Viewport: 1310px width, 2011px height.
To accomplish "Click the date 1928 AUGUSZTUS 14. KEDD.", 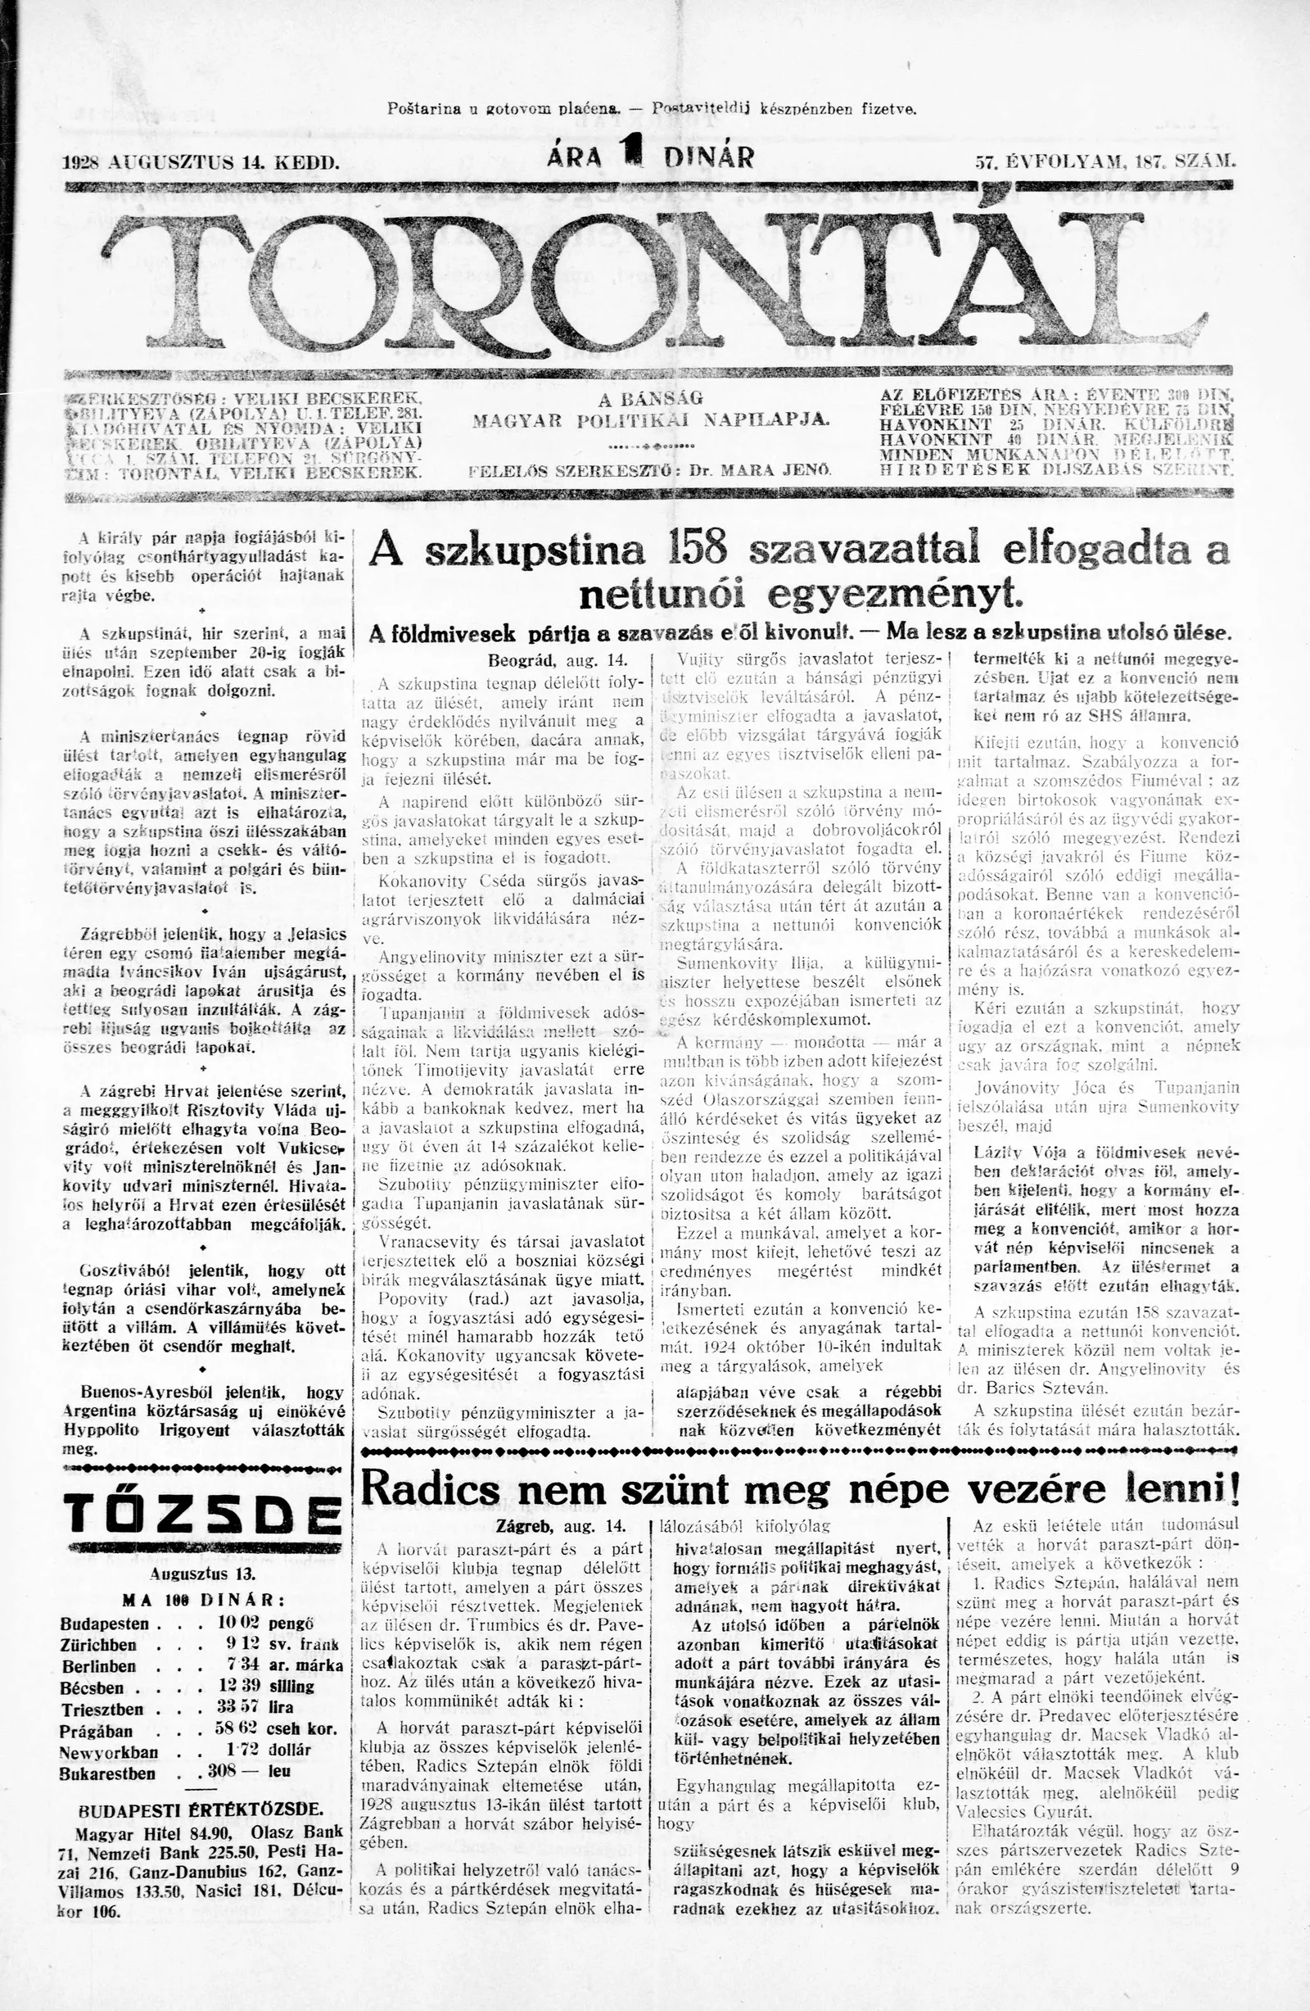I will pos(202,160).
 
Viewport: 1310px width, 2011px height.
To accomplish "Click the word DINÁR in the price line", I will pos(709,156).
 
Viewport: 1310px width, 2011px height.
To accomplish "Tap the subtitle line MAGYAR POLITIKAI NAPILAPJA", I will pos(651,421).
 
